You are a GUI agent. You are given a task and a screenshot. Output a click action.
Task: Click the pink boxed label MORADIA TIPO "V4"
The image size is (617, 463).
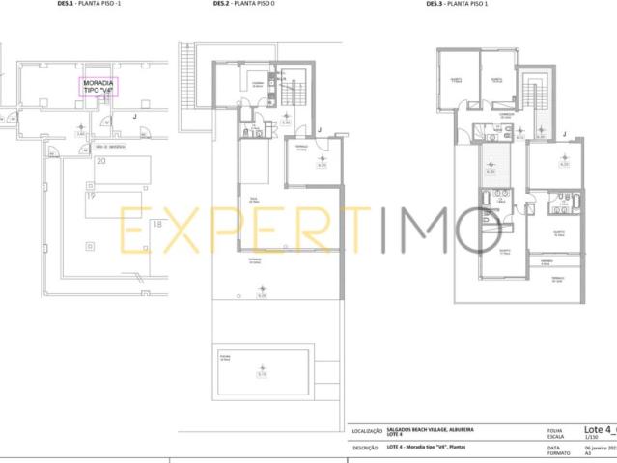98,88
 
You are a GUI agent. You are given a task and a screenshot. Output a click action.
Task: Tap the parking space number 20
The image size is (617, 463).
100,162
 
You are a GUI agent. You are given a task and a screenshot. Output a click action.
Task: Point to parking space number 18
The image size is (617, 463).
157,225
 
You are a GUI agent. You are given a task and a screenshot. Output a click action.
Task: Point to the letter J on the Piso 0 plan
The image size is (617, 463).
319,128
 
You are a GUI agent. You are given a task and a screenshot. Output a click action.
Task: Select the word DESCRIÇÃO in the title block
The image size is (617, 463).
365,447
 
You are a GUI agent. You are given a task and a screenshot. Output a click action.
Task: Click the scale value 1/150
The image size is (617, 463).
552,438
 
